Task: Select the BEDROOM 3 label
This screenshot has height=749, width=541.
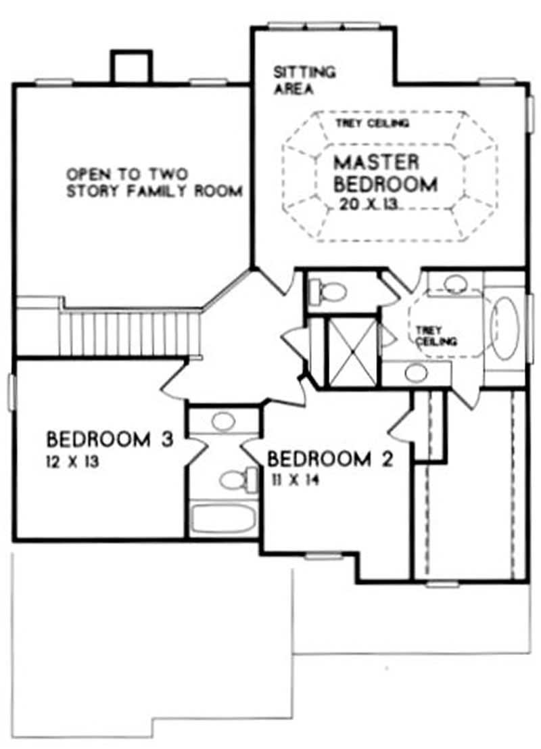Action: click(110, 440)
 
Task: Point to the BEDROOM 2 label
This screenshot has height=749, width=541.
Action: click(330, 460)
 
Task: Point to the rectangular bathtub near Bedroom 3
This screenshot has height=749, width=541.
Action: click(223, 519)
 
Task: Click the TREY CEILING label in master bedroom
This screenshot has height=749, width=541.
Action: click(372, 124)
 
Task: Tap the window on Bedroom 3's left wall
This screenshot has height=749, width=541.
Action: click(11, 392)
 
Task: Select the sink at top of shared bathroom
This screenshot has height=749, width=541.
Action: click(223, 422)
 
